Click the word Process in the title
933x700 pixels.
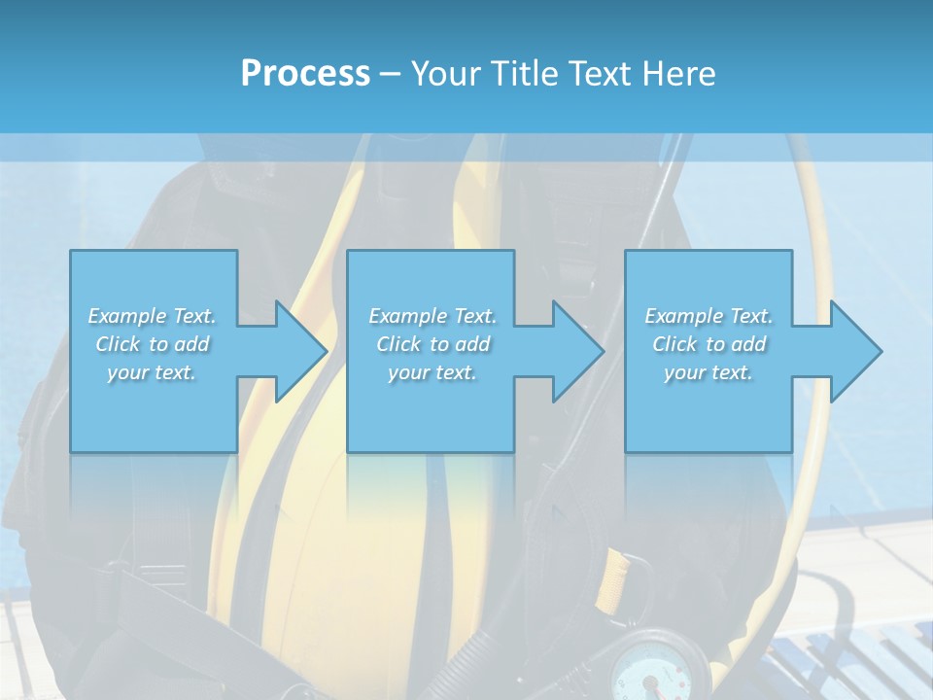point(305,74)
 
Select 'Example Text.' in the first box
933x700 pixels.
point(152,316)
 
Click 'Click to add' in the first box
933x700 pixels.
point(152,344)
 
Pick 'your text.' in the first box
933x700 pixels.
point(152,372)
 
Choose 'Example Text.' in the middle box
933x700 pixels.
point(432,316)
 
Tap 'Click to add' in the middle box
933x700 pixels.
point(432,344)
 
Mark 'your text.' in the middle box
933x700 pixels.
point(432,372)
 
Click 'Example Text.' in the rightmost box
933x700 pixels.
point(708,316)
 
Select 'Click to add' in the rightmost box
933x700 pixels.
point(708,344)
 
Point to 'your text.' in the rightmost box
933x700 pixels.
point(708,372)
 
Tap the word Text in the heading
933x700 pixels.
point(598,74)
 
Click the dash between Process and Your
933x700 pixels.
point(391,74)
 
